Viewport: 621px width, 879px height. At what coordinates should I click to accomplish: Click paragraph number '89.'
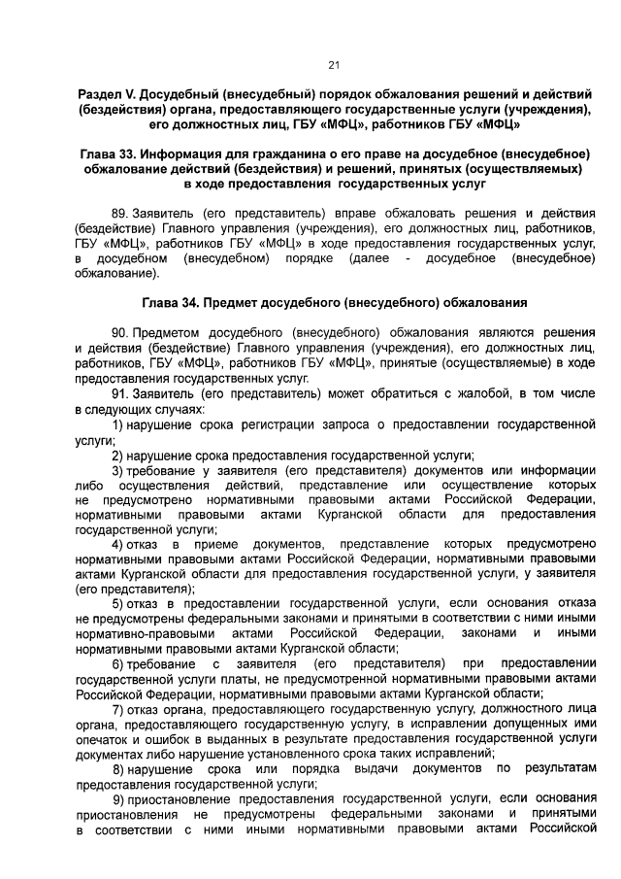tap(123, 211)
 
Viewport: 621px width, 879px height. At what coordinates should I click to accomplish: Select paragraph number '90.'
tap(123, 333)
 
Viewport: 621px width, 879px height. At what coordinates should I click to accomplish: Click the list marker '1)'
tap(117, 425)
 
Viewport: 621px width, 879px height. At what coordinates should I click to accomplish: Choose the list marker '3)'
tap(117, 470)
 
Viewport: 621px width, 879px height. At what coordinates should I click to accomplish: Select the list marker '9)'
tap(117, 797)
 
